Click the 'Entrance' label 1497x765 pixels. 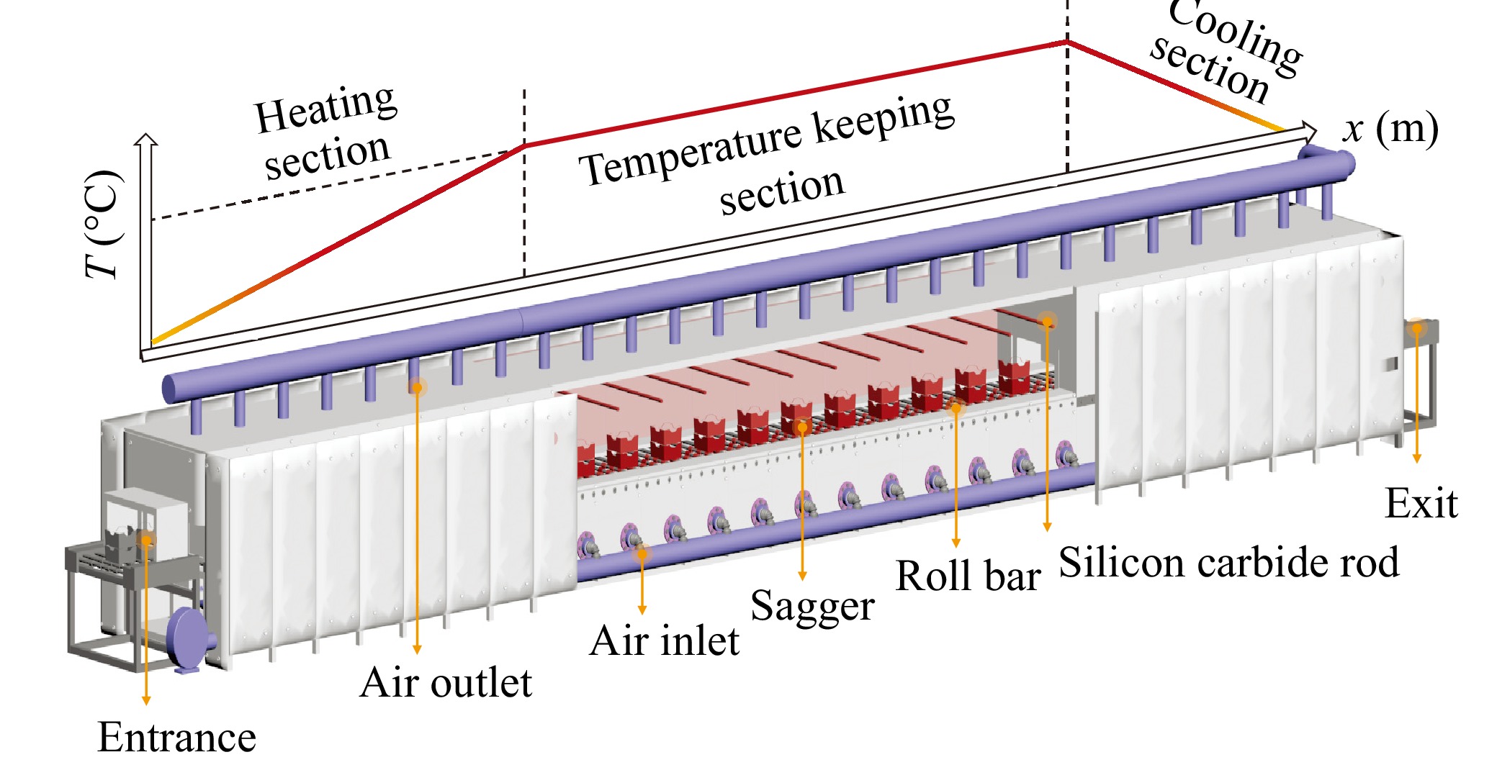[x=177, y=736]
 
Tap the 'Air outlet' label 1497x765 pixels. [x=446, y=682]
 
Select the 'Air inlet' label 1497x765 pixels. [x=664, y=640]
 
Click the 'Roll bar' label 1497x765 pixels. [x=968, y=576]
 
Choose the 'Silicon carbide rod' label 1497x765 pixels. [x=1229, y=562]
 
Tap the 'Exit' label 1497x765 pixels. [x=1421, y=504]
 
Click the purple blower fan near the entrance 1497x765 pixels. [x=189, y=640]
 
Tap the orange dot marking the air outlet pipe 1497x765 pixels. [x=416, y=387]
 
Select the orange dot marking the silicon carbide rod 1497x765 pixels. [x=1047, y=321]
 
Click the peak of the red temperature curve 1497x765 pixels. [x=1067, y=42]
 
